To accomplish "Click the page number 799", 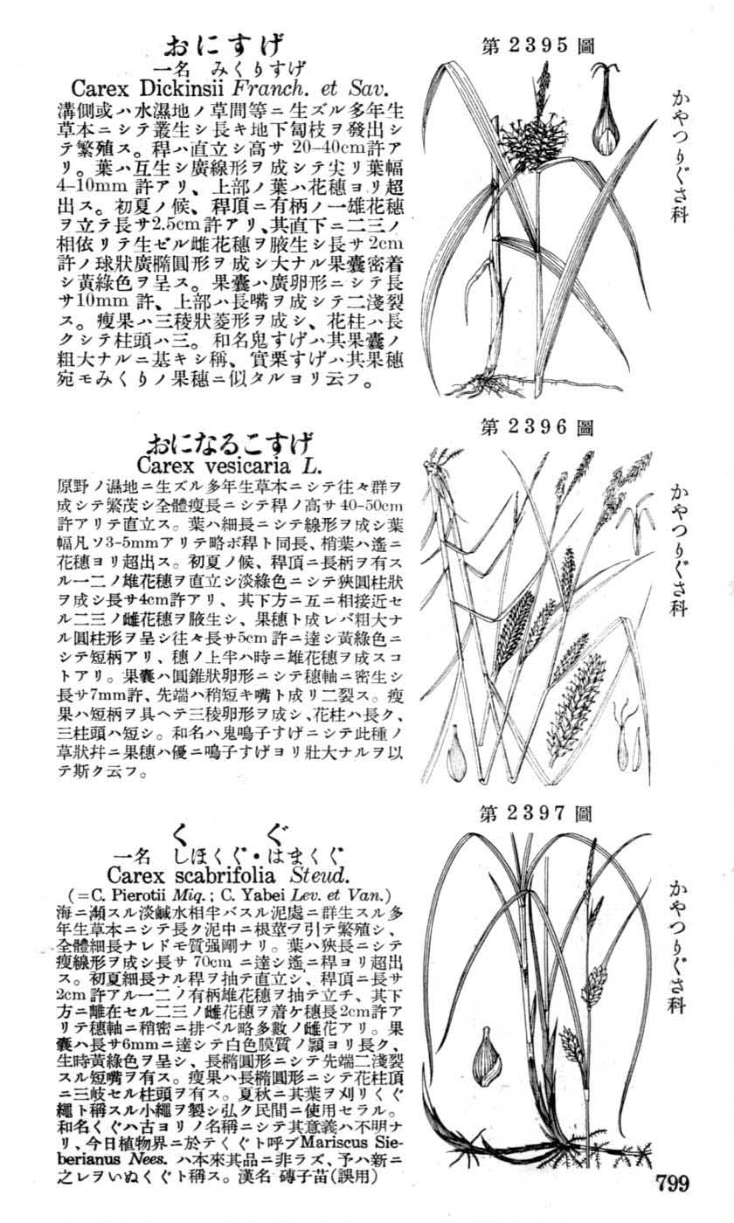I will [669, 1184].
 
